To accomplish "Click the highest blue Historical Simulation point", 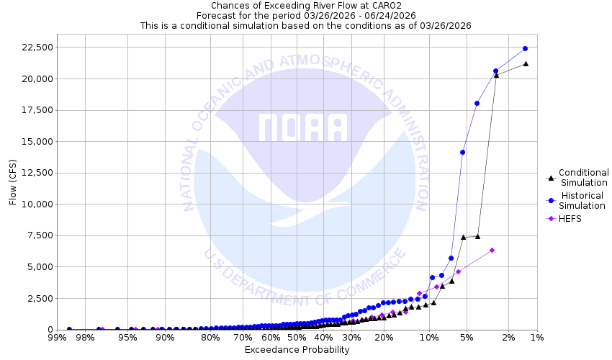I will [x=525, y=48].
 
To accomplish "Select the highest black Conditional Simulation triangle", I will [x=526, y=63].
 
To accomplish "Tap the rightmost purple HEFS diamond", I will [x=492, y=250].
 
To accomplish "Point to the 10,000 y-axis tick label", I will [x=33, y=204].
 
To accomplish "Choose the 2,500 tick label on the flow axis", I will [x=36, y=298].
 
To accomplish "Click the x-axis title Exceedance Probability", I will [x=297, y=350].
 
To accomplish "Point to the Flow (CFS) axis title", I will [x=13, y=182].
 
